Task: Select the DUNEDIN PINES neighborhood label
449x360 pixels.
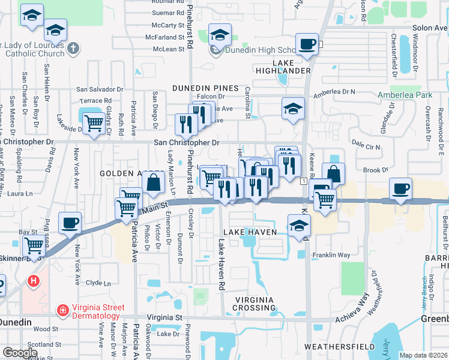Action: (x=205, y=88)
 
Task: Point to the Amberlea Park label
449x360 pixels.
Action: (x=405, y=95)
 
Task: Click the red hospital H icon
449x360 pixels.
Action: (x=34, y=280)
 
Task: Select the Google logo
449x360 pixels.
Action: (x=20, y=353)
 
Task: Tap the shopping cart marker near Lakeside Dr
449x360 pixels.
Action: (x=94, y=123)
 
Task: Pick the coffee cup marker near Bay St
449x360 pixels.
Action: (x=70, y=223)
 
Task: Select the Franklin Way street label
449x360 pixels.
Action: (x=331, y=255)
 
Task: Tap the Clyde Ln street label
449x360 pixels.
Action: (x=99, y=283)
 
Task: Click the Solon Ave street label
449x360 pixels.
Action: (x=430, y=28)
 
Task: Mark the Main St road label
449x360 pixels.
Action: (x=154, y=209)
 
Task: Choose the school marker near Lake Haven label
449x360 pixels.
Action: (x=298, y=226)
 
